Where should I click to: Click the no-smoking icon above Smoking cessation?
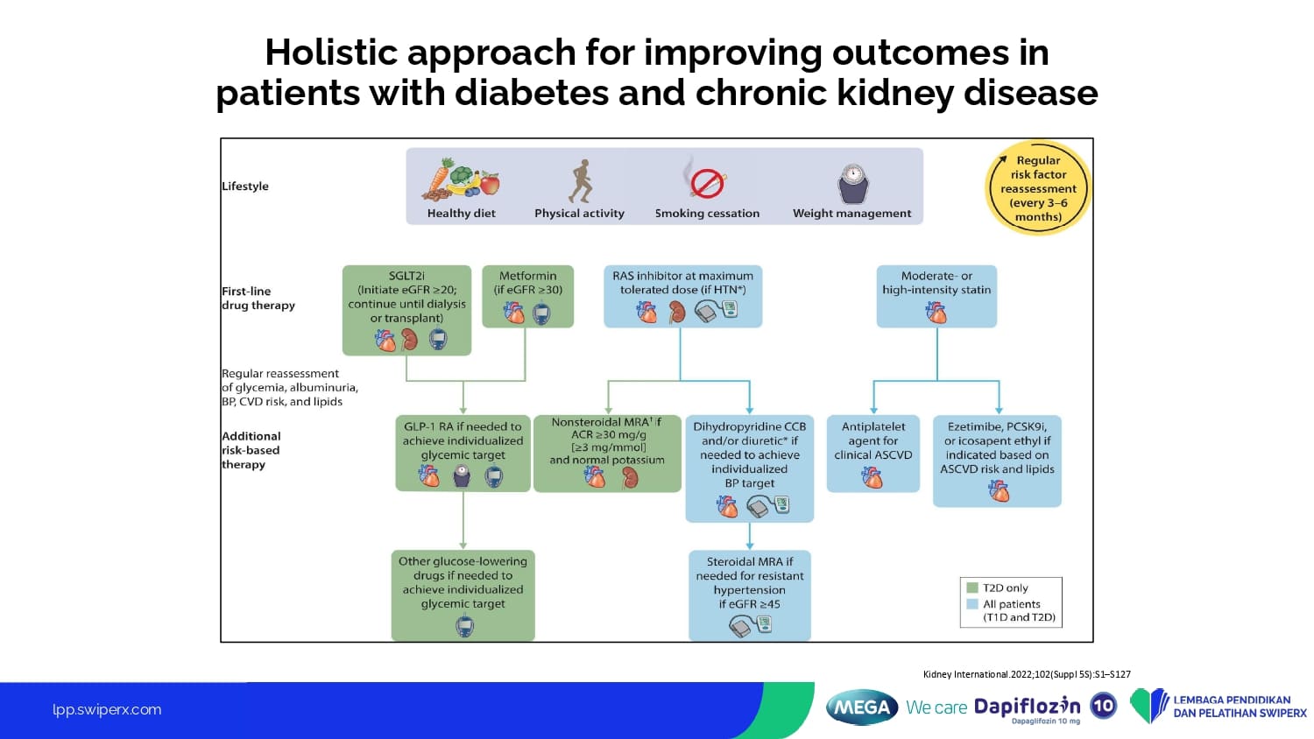click(x=706, y=182)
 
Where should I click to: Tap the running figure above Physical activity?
click(x=580, y=181)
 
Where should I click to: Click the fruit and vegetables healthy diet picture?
click(x=461, y=178)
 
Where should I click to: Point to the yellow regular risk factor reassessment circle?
click(x=1038, y=188)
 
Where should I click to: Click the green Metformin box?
click(x=527, y=296)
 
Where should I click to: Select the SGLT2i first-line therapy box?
click(x=406, y=310)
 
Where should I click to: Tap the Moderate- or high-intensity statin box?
click(x=936, y=296)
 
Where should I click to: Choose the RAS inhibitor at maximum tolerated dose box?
click(x=682, y=296)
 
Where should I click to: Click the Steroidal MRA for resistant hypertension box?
click(x=749, y=595)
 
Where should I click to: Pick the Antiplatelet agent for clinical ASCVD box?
click(x=872, y=453)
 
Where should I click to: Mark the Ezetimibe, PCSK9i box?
click(x=997, y=461)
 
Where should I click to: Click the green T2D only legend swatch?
click(x=971, y=588)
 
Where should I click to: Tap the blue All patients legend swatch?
click(x=971, y=604)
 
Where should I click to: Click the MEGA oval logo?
click(x=862, y=707)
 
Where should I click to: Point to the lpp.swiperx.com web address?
click(x=107, y=710)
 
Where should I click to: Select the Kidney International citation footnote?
click(x=1027, y=674)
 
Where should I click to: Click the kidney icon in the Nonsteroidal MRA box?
click(x=629, y=477)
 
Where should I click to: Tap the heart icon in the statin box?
click(x=936, y=313)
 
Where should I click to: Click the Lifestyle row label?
click(x=245, y=187)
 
